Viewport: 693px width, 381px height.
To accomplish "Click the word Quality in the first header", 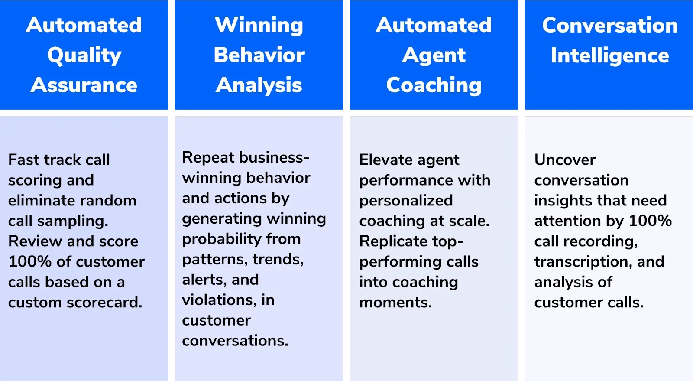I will click(84, 55).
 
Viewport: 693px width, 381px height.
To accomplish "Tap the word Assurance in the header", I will click(84, 85).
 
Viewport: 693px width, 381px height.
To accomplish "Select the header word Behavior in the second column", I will click(259, 55).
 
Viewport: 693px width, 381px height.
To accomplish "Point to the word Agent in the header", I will click(434, 55).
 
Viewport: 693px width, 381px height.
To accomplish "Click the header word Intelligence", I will click(610, 55).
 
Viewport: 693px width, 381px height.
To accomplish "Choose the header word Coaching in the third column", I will click(434, 85).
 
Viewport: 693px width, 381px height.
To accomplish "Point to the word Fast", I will click(24, 160).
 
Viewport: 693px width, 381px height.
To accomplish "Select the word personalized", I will click(406, 200).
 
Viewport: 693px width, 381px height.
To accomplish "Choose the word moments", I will click(395, 302).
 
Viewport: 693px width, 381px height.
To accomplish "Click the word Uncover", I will click(565, 160).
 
